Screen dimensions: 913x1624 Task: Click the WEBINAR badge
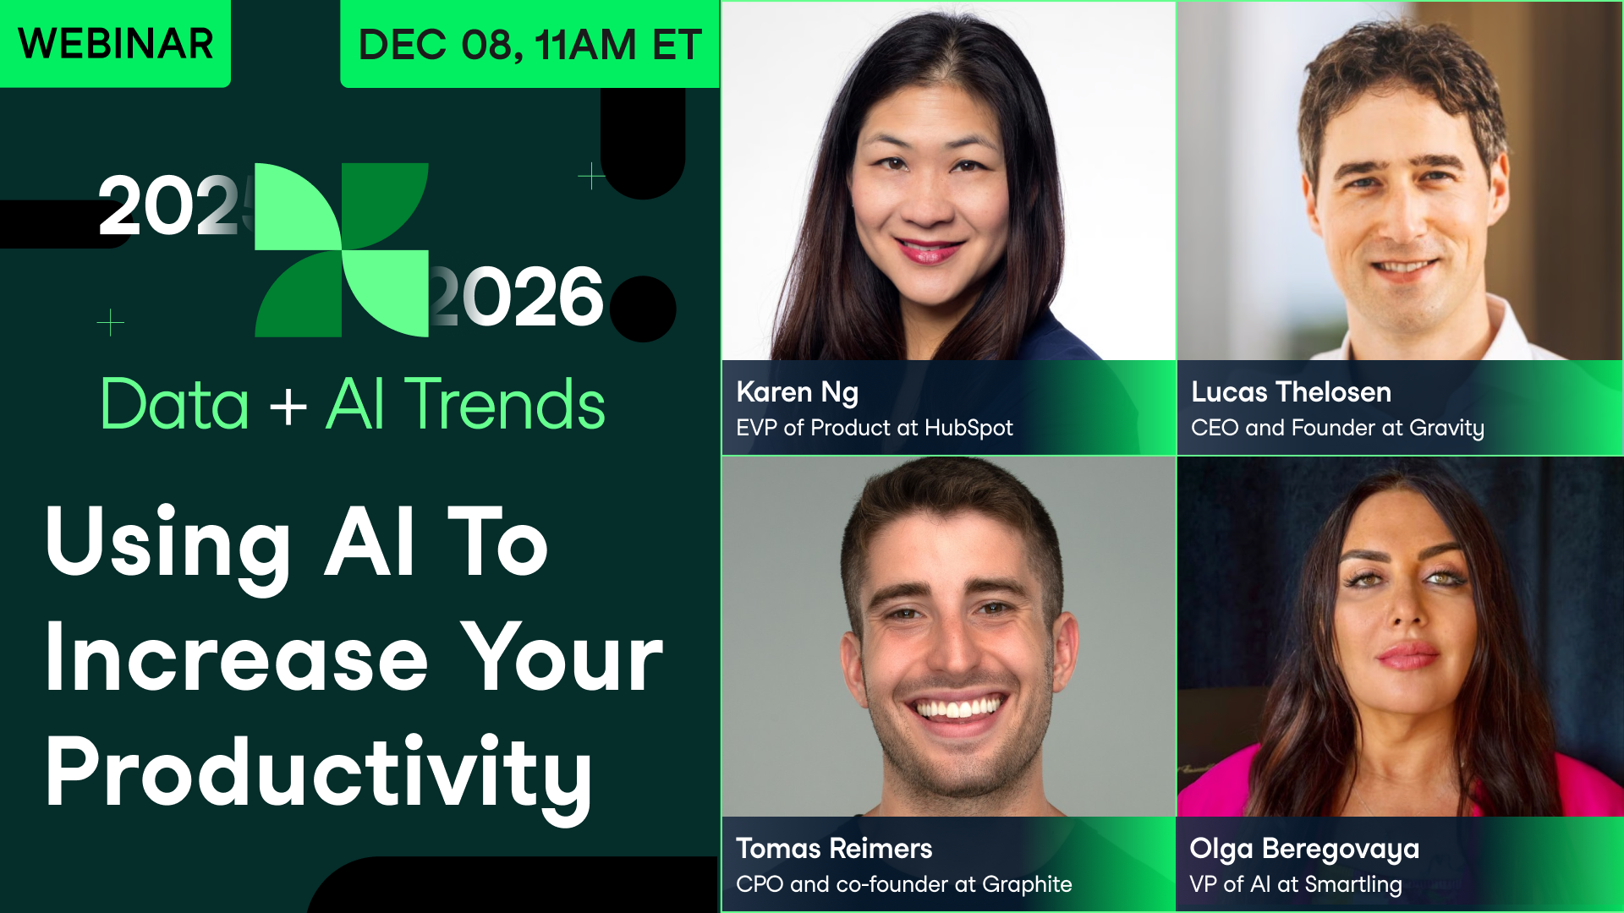115,44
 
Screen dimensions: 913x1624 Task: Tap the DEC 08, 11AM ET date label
529,45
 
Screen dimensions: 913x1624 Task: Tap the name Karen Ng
797,392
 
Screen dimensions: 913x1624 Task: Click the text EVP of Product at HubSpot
874,428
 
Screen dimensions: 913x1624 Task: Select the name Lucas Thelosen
1291,392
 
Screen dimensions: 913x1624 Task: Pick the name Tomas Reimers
834,848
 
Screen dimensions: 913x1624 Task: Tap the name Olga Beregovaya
1304,848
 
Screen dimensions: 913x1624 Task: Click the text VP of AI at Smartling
1295,884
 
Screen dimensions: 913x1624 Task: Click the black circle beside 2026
643,309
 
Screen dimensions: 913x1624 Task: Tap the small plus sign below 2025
111,322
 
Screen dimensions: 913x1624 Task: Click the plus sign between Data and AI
288,407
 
